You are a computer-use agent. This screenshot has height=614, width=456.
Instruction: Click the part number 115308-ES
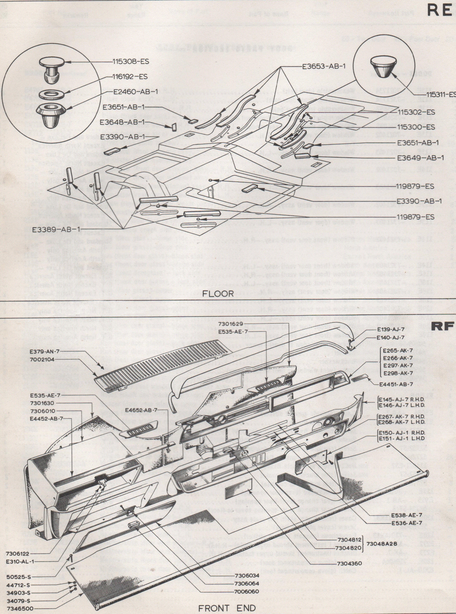(x=131, y=62)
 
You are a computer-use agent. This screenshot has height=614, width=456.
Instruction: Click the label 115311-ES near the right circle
(x=440, y=94)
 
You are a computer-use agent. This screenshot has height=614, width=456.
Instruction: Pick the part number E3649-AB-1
(x=420, y=158)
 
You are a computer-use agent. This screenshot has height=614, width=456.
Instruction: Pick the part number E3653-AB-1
(x=323, y=66)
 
